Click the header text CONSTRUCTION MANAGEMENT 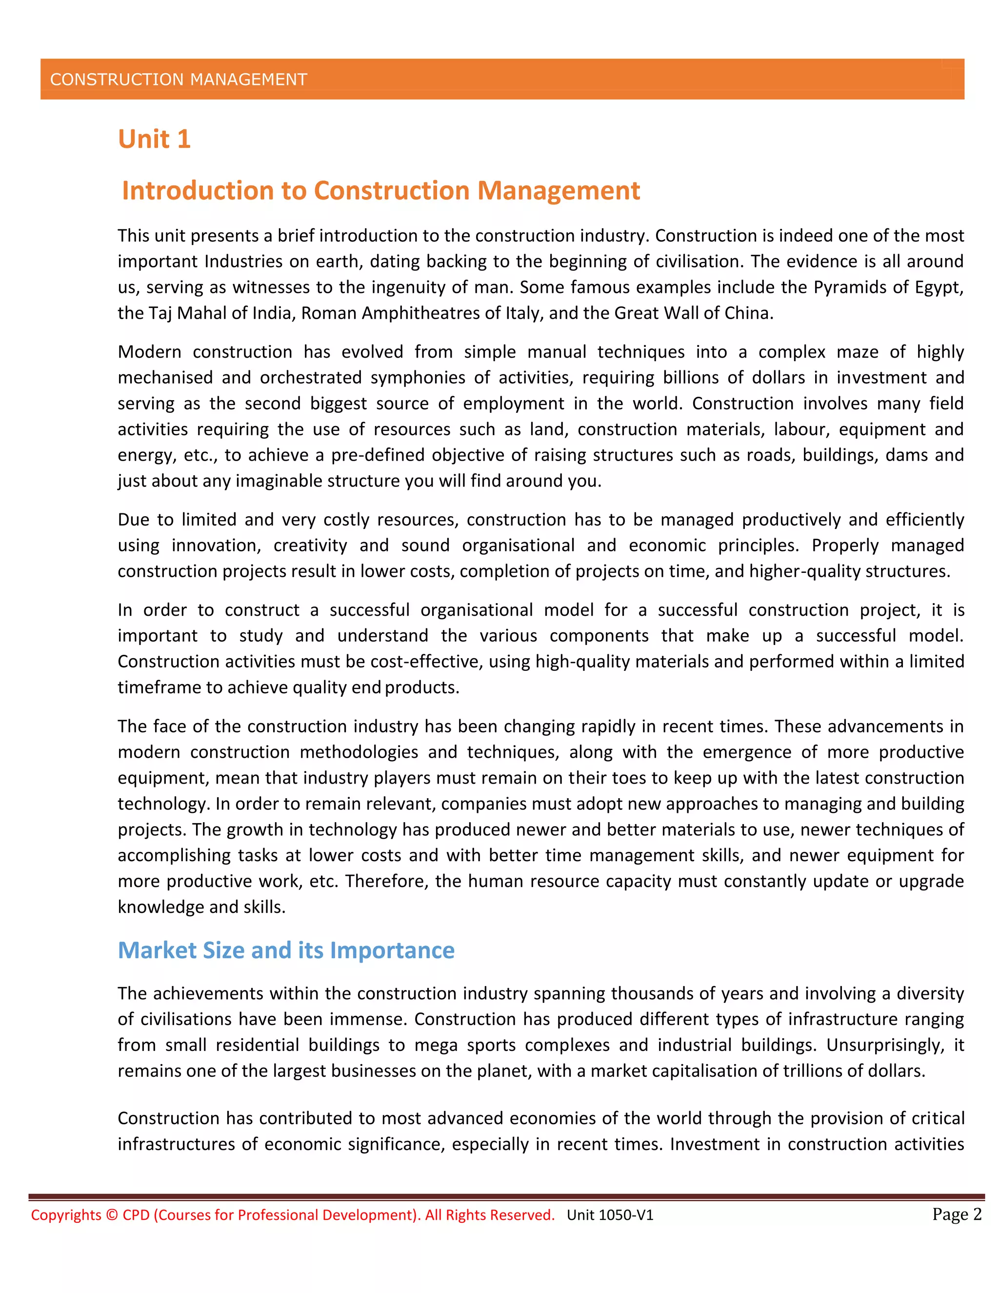coord(178,80)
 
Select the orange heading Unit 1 coord(154,140)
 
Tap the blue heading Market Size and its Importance coord(286,950)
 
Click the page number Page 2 coord(957,1214)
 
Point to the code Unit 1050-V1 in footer coord(610,1215)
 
